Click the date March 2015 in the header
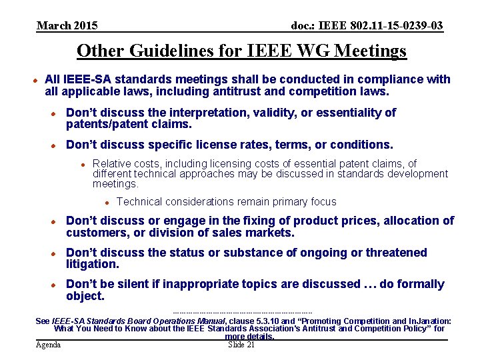(x=67, y=26)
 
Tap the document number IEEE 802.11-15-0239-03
(x=367, y=26)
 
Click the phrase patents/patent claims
(x=129, y=124)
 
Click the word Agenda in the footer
(x=48, y=345)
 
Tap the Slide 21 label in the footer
(x=241, y=345)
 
